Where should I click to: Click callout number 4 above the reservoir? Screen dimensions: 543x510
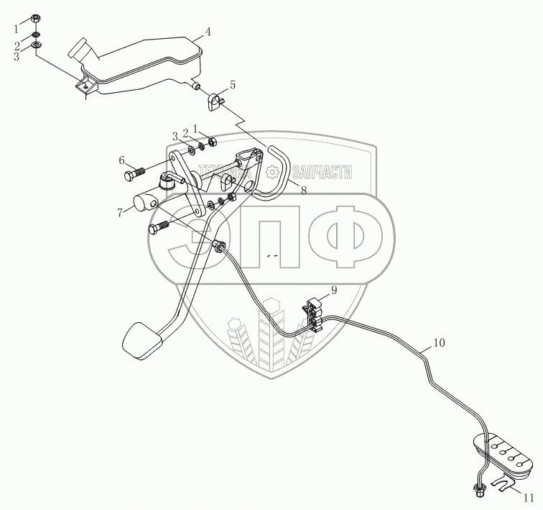pos(207,32)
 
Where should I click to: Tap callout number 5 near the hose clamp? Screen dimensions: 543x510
pos(232,85)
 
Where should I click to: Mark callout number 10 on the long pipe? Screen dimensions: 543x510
pos(440,343)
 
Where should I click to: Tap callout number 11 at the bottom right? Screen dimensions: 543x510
pos(528,497)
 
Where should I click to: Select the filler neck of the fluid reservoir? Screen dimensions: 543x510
pos(79,52)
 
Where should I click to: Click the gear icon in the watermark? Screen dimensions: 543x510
pos(271,172)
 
